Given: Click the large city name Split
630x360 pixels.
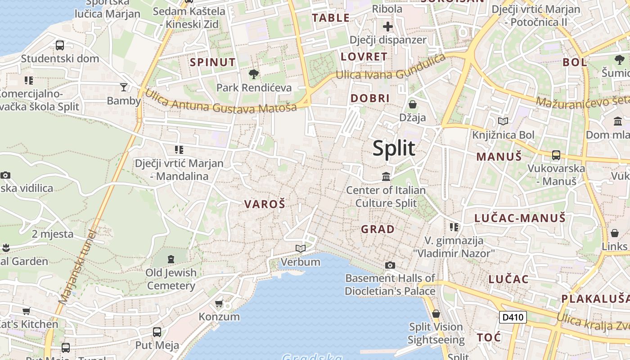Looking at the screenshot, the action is (x=394, y=148).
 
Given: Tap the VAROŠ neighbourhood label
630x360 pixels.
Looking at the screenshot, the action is (x=265, y=204).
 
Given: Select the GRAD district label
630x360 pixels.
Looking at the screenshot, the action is (x=378, y=229).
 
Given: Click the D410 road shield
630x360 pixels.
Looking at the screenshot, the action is (x=513, y=317).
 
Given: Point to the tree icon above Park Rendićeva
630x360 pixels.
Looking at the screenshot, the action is (x=254, y=74).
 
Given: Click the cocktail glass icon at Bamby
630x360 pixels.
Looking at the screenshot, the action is (x=124, y=87).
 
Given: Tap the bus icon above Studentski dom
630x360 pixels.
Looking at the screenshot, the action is (x=60, y=45).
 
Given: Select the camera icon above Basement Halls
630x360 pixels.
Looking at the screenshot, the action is (x=390, y=265).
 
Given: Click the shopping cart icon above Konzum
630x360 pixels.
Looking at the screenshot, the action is (x=219, y=303).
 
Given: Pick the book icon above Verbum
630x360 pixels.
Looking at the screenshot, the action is (x=300, y=248).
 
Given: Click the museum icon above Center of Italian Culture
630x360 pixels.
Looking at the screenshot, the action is (x=386, y=176).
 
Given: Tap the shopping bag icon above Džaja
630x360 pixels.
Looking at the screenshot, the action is (x=412, y=104).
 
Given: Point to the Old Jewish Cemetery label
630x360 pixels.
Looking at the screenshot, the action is (x=171, y=279).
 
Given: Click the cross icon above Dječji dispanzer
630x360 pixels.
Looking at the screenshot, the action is (x=388, y=27).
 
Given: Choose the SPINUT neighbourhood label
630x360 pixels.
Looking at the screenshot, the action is (x=213, y=62).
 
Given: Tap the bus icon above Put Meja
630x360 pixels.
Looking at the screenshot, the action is (x=157, y=332).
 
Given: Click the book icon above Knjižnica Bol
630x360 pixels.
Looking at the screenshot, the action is (x=503, y=121).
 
